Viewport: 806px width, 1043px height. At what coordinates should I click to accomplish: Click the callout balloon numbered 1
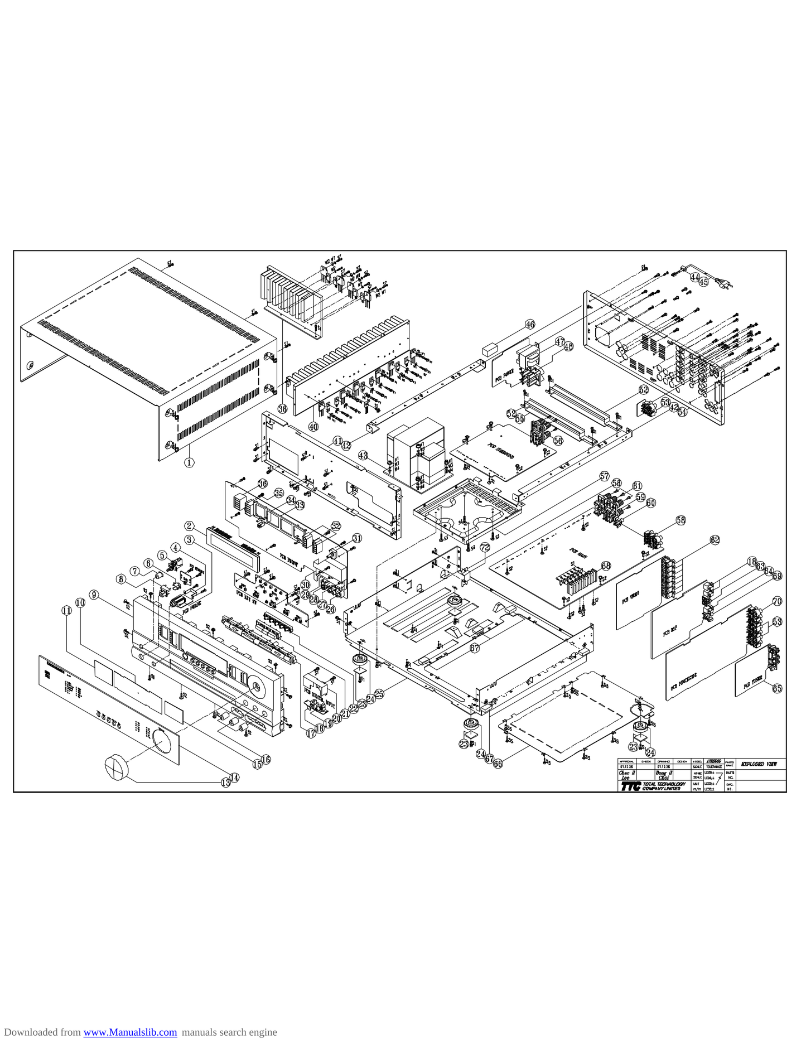pyautogui.click(x=190, y=462)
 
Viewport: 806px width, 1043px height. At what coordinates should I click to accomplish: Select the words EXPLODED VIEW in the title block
pyautogui.click(x=759, y=764)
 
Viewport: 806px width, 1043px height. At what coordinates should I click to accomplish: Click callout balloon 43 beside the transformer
pyautogui.click(x=363, y=456)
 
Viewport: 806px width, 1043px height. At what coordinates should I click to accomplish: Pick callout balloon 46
pyautogui.click(x=530, y=324)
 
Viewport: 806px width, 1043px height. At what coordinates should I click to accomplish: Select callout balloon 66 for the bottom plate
pyautogui.click(x=498, y=764)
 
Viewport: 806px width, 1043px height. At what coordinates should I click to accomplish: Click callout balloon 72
pyautogui.click(x=485, y=547)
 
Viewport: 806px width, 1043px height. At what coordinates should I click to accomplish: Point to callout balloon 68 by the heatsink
pyautogui.click(x=606, y=566)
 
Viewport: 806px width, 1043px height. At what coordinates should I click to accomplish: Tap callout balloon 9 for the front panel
pyautogui.click(x=94, y=595)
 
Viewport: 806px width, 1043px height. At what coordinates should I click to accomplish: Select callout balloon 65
pyautogui.click(x=777, y=688)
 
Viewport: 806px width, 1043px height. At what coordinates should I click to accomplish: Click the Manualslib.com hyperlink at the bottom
pyautogui.click(x=130, y=1032)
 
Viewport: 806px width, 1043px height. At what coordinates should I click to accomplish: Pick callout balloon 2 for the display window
pyautogui.click(x=190, y=526)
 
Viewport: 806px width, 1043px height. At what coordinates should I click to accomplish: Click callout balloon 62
pyautogui.click(x=715, y=539)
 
